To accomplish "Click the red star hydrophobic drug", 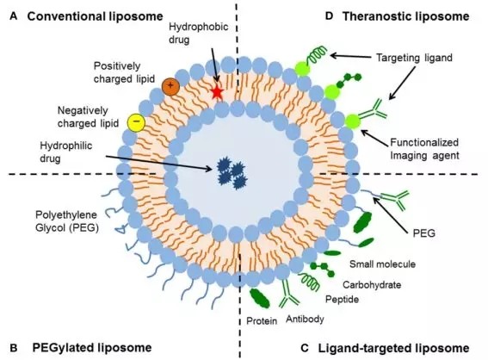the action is point(217,92).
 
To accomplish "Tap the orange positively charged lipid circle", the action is point(170,86).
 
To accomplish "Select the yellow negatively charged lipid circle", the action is point(136,121).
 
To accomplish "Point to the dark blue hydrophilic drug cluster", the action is point(232,174).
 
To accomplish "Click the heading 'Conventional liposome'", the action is point(96,16).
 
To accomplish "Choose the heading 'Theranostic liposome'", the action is point(406,16).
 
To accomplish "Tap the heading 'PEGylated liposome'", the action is point(92,348).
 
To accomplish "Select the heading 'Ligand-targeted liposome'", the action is point(393,348).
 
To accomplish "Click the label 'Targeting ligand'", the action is point(414,58).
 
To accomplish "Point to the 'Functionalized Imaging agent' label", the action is point(424,149).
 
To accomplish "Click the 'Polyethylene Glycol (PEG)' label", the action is point(67,221).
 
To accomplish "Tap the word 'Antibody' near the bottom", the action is point(305,319).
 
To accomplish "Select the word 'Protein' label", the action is point(262,320).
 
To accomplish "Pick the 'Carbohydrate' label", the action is point(372,284).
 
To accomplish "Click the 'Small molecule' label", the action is point(382,264).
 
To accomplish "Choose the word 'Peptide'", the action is point(342,299).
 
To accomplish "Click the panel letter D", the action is point(329,16).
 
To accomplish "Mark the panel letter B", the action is point(14,348).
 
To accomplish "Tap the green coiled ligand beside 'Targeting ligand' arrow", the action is point(316,55).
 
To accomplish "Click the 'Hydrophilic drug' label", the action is point(66,152).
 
